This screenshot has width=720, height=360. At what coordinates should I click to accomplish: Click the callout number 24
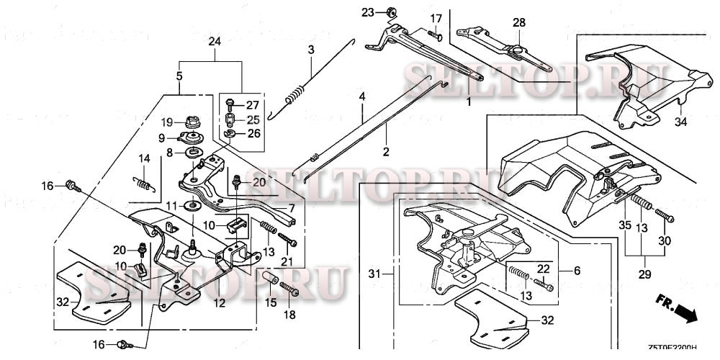pyautogui.click(x=215, y=42)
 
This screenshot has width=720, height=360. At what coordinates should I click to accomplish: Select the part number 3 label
pyautogui.click(x=311, y=50)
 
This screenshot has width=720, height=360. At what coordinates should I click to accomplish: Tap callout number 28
pyautogui.click(x=519, y=23)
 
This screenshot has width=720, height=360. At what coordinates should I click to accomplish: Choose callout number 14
pyautogui.click(x=144, y=158)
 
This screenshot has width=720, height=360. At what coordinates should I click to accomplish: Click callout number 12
pyautogui.click(x=219, y=303)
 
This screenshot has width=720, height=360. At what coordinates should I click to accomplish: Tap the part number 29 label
pyautogui.click(x=644, y=274)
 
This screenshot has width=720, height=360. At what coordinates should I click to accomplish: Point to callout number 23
pyautogui.click(x=368, y=12)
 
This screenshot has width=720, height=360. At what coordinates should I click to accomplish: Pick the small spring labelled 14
pyautogui.click(x=146, y=181)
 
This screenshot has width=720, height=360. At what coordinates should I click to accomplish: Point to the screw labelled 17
pyautogui.click(x=435, y=32)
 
